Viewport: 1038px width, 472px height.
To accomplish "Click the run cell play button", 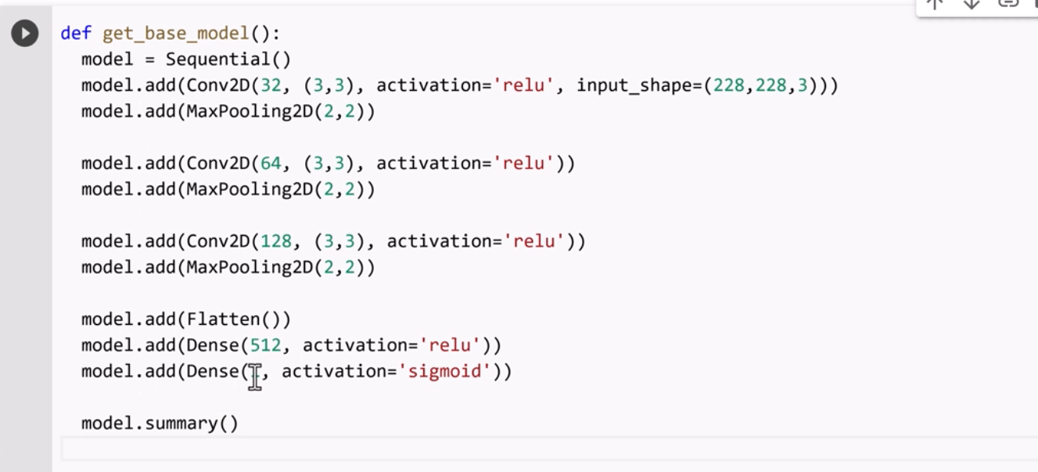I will (25, 34).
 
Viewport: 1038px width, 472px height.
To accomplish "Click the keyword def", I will (76, 34).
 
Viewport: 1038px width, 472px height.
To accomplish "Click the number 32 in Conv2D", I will (271, 85).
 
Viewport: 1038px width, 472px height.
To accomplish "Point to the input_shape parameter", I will (634, 85).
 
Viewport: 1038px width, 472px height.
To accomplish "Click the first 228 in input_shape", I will (728, 85).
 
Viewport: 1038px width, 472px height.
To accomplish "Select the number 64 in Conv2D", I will (271, 164).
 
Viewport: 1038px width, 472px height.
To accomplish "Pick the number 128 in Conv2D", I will (276, 241).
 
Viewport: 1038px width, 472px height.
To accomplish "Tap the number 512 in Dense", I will (265, 345).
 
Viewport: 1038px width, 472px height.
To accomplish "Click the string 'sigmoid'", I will (444, 371).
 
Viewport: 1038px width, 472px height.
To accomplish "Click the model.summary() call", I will (160, 423).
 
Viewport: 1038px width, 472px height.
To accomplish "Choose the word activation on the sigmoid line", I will (334, 371).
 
